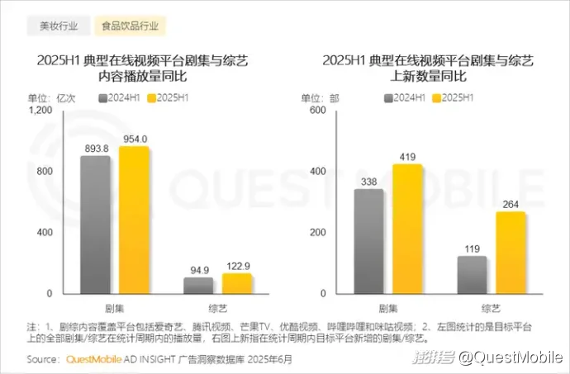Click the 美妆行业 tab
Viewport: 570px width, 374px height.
point(59,26)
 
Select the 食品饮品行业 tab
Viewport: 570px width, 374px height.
point(130,26)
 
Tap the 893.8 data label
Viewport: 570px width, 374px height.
point(95,149)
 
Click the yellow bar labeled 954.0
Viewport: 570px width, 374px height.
point(134,220)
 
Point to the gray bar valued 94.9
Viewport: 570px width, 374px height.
point(197,286)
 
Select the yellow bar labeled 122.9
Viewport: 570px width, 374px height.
point(237,283)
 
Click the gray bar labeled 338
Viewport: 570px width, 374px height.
point(368,241)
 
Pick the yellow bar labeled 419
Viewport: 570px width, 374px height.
point(407,229)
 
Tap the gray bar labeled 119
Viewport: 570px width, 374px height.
point(472,275)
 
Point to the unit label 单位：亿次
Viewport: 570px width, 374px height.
point(52,97)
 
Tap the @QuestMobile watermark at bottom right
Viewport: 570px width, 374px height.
point(509,357)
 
